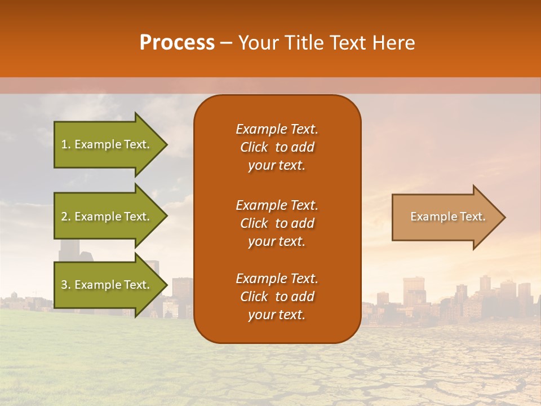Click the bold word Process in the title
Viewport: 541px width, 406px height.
tap(177, 43)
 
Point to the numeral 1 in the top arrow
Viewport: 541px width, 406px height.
tap(64, 144)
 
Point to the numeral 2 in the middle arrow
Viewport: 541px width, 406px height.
tap(64, 217)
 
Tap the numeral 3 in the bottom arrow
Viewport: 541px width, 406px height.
tap(64, 285)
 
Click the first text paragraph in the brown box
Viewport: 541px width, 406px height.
tap(277, 147)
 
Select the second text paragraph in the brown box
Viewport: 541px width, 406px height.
tap(277, 223)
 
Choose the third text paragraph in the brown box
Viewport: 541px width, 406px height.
tap(277, 297)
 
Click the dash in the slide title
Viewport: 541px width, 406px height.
tap(226, 43)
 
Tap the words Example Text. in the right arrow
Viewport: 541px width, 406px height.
tap(447, 217)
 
